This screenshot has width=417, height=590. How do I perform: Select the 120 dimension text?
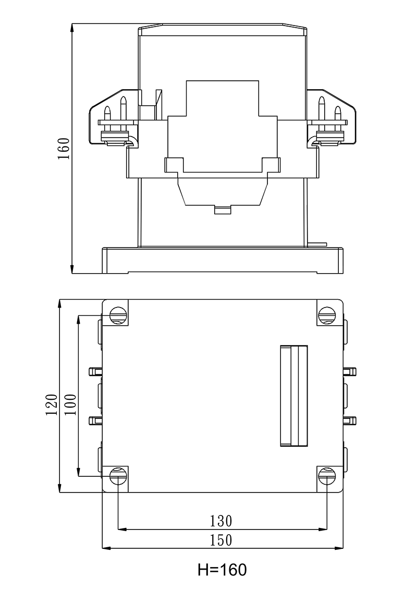click(51, 404)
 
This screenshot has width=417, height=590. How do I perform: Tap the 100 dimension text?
click(71, 404)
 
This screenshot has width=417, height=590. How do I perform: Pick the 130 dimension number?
click(221, 521)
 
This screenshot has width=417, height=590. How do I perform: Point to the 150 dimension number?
click(221, 540)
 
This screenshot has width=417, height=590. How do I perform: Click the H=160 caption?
click(222, 570)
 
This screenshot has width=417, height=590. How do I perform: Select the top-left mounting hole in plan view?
click(118, 315)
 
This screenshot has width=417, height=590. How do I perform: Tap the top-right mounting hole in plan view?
click(327, 315)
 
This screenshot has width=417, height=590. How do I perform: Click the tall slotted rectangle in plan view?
click(294, 396)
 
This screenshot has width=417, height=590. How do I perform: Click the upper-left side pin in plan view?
click(95, 371)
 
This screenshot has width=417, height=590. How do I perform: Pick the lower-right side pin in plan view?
click(350, 420)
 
